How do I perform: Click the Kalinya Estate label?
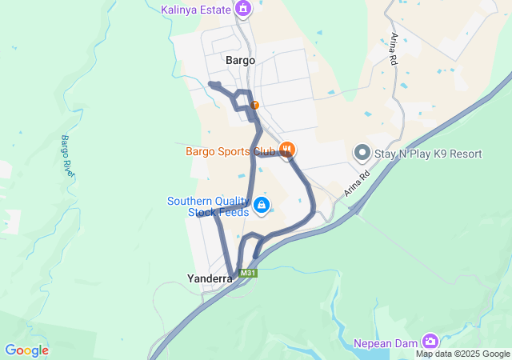click(195, 10)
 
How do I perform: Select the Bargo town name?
click(240, 60)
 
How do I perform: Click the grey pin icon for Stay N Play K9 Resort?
click(362, 152)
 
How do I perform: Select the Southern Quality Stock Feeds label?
click(208, 206)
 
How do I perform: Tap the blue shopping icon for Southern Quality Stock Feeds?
click(261, 206)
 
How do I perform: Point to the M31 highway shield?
click(249, 274)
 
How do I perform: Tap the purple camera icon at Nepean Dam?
click(430, 341)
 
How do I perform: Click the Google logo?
click(26, 350)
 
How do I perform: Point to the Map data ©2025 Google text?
click(462, 354)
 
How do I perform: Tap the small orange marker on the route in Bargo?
click(254, 105)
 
